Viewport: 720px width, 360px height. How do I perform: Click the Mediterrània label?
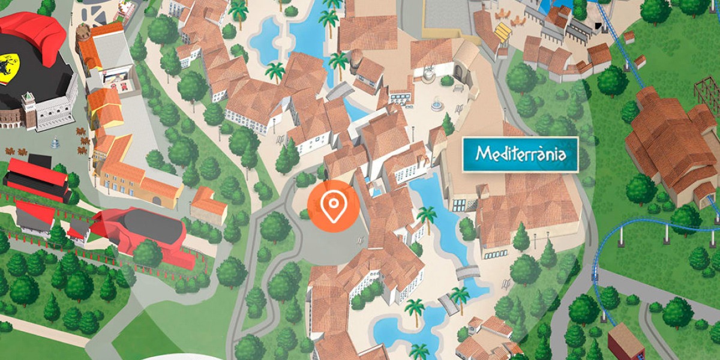point(520,154)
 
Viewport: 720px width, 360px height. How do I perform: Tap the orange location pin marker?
point(333,206)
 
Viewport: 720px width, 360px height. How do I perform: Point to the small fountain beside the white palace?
point(55,143)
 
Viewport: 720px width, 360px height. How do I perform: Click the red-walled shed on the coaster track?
point(625,342)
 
